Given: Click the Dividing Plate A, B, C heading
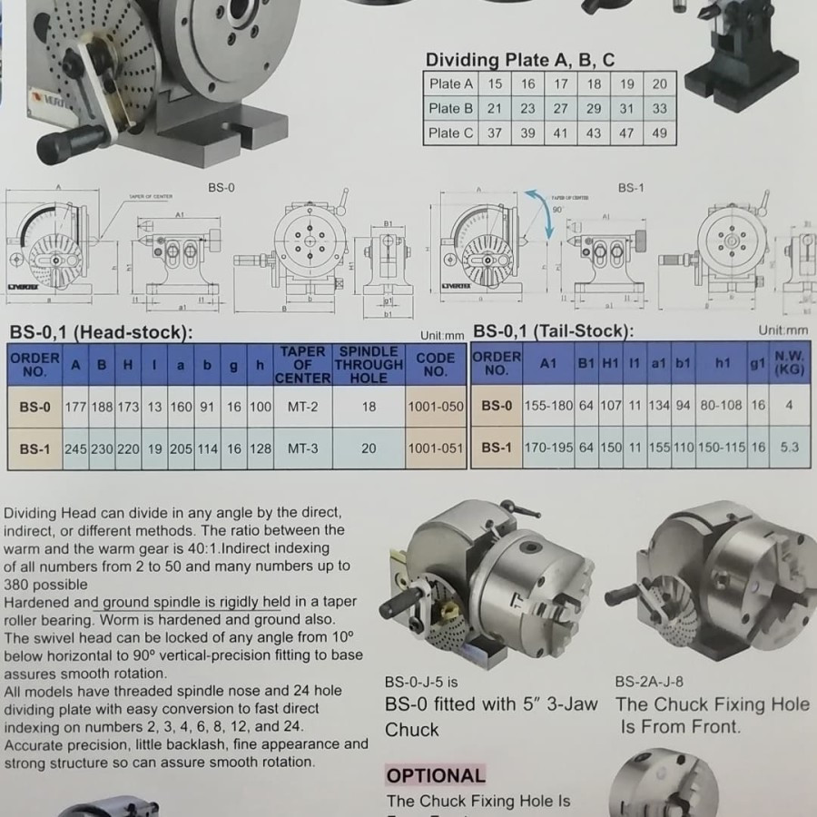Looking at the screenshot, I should coord(520,60).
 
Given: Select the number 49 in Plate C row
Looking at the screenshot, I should coord(659,133).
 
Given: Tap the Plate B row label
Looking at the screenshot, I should coord(451,108).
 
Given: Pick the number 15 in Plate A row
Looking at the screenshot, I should coord(495,84).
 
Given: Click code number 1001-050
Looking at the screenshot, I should coord(436,408).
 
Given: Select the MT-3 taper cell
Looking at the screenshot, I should coord(303,448).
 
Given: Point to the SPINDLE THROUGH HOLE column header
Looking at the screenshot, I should coord(369,364).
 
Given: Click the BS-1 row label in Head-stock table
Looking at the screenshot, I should coord(34,448).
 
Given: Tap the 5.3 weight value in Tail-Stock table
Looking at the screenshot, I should coord(789,448).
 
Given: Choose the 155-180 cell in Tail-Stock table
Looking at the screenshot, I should coord(548,406).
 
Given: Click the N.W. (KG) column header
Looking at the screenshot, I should coord(790,364).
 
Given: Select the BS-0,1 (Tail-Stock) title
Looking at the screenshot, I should coord(554,331).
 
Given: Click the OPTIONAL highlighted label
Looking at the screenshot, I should coord(436,775).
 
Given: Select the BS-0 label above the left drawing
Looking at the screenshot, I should coord(221,187).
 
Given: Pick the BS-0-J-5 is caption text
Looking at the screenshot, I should coord(421,682).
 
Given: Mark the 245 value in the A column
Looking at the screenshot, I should coord(75,448).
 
